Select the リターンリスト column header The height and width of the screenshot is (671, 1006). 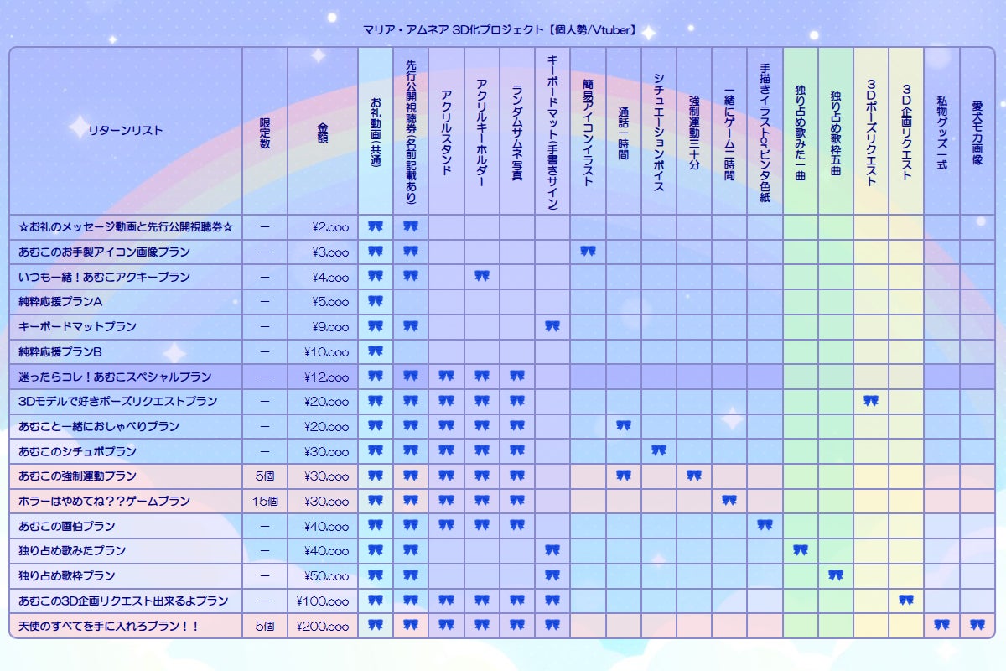[x=126, y=130]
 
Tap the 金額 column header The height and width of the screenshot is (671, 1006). [x=323, y=130]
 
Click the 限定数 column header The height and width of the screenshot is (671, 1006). [x=265, y=130]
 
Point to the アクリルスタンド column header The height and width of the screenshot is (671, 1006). [x=446, y=131]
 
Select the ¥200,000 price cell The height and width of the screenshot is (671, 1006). [x=323, y=626]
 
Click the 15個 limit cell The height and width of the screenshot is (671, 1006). [x=265, y=501]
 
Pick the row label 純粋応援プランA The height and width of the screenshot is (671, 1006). [x=60, y=301]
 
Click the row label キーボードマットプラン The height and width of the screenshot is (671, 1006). [x=77, y=326]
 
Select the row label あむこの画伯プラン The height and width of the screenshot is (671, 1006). [x=66, y=526]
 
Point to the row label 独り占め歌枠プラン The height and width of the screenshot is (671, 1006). [x=66, y=576]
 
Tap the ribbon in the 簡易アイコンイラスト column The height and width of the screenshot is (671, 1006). [x=588, y=251]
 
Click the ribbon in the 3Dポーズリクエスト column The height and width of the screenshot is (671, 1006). [x=871, y=401]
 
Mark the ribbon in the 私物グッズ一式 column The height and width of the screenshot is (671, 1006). [x=941, y=625]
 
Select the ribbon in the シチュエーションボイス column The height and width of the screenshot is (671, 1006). [x=659, y=450]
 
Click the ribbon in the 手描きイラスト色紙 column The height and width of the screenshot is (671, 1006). [x=765, y=525]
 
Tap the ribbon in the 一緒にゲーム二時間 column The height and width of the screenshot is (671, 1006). [x=729, y=500]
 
